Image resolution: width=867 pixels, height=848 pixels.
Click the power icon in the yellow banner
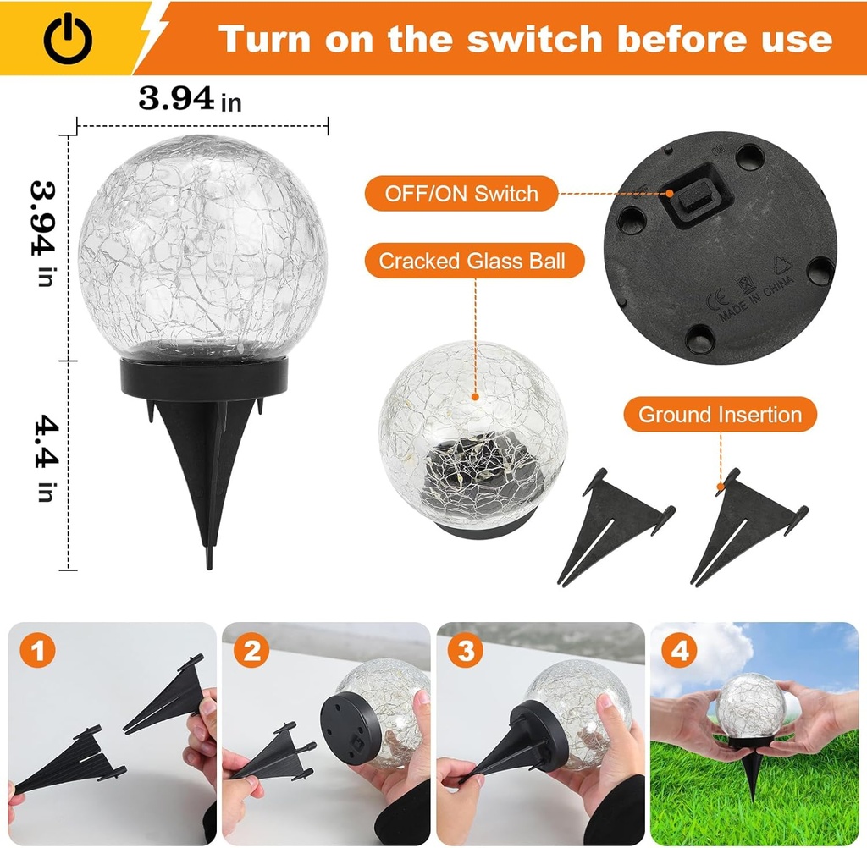tap(68, 39)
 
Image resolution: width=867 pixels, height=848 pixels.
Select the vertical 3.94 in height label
tap(44, 232)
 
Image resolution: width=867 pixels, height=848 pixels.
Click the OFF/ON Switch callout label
tap(461, 194)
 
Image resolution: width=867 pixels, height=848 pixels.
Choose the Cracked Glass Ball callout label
tap(474, 261)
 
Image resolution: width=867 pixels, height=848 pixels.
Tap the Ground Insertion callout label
tap(720, 415)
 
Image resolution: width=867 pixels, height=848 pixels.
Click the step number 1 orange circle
tap(38, 652)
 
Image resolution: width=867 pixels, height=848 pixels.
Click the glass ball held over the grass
tap(749, 702)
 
